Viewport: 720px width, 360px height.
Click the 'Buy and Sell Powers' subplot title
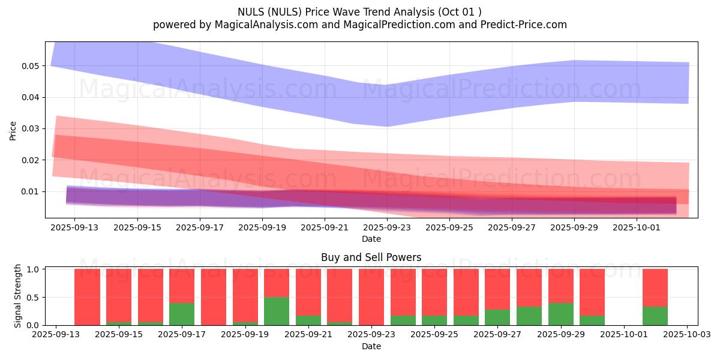(371, 257)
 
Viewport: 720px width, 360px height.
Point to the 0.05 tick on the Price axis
(30, 65)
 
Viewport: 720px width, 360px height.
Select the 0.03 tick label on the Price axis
(30, 128)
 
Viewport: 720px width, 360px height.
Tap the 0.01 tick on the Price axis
(30, 191)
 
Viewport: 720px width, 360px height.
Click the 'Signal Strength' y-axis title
(18, 296)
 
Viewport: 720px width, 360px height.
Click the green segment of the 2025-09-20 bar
(277, 311)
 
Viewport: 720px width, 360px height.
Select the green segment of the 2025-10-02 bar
(655, 316)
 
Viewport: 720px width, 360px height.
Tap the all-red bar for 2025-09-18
(213, 297)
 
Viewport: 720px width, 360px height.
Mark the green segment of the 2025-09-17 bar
(182, 314)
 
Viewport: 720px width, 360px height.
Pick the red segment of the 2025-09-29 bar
(561, 286)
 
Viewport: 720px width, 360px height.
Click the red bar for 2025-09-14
(87, 297)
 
